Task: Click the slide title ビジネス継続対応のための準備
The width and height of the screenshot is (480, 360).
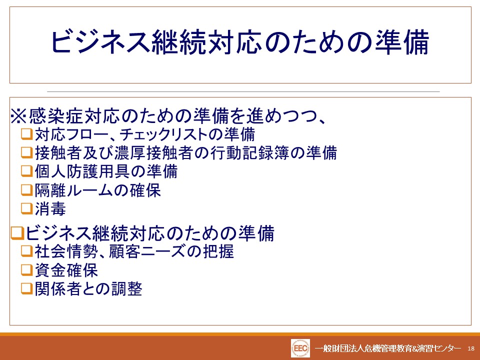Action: point(240,42)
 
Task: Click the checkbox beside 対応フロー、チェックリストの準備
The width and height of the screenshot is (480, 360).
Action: point(26,134)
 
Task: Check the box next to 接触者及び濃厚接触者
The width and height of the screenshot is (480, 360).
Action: point(26,152)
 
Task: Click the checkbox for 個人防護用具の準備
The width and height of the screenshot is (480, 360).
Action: point(26,171)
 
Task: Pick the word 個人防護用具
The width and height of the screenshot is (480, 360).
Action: point(82,171)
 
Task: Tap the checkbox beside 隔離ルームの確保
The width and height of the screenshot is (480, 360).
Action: point(26,190)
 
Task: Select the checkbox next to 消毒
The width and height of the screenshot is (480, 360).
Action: point(26,209)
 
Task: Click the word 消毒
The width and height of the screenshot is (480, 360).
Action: point(50,209)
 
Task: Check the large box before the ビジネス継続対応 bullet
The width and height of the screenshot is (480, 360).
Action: point(17,233)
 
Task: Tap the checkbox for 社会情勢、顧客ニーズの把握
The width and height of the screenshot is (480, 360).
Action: point(26,251)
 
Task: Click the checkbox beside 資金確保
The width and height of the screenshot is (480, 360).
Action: point(26,270)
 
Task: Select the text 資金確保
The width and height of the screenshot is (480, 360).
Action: point(66,270)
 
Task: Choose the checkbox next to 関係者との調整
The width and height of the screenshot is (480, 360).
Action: point(26,288)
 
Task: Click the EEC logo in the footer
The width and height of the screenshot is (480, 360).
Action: point(300,348)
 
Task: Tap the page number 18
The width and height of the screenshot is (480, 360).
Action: point(471,348)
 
